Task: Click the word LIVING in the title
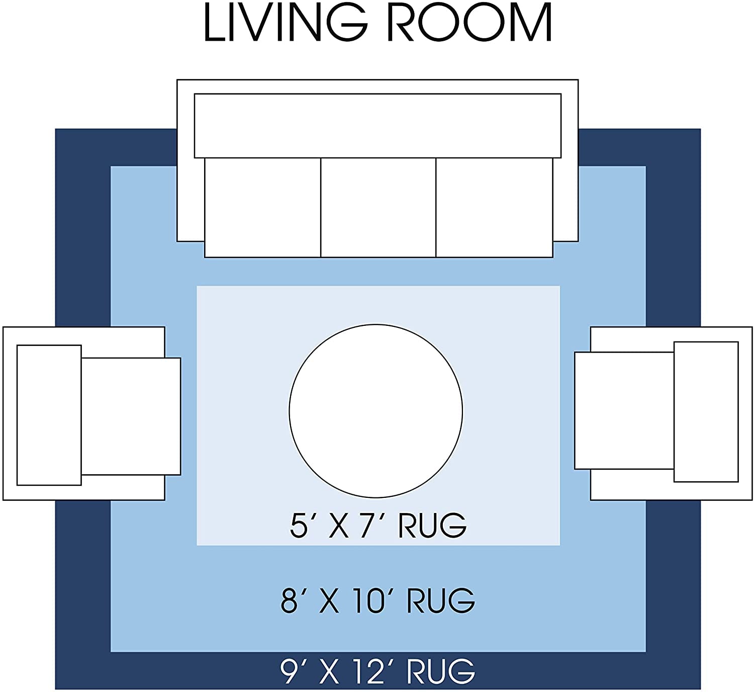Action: coord(286,23)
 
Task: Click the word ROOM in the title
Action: coord(470,23)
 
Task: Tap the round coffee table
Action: coord(375,411)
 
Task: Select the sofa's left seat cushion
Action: coord(262,207)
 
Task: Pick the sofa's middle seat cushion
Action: coord(378,207)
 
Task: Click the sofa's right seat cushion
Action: coord(494,207)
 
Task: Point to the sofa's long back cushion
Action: coord(378,125)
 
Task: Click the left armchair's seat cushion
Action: coord(131,416)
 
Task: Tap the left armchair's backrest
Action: coord(49,415)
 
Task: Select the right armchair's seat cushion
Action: coord(624,410)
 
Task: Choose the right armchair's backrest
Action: coord(706,411)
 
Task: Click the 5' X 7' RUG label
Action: coord(378,526)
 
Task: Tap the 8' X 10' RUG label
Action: coord(378,600)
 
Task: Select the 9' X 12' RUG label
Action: coord(378,671)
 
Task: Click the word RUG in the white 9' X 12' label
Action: coord(440,671)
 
